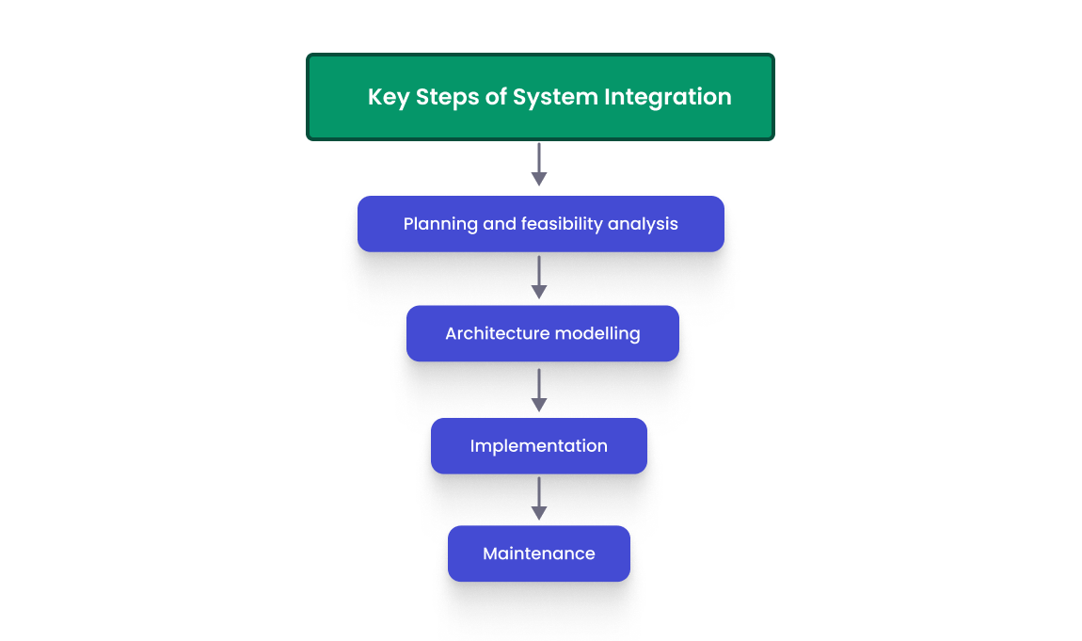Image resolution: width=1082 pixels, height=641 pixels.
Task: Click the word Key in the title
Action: [388, 97]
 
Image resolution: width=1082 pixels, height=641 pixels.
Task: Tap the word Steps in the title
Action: [447, 97]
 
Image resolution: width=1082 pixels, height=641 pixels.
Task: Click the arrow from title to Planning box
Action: [539, 165]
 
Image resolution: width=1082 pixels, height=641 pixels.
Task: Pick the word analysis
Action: [644, 224]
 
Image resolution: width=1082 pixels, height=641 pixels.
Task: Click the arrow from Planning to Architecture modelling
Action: [539, 278]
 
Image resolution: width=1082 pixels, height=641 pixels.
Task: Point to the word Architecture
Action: [497, 333]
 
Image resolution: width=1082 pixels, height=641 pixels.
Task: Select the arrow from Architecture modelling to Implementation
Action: [539, 390]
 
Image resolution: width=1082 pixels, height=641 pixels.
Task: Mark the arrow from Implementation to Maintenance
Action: [539, 499]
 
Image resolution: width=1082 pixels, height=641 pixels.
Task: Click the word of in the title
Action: [496, 97]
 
